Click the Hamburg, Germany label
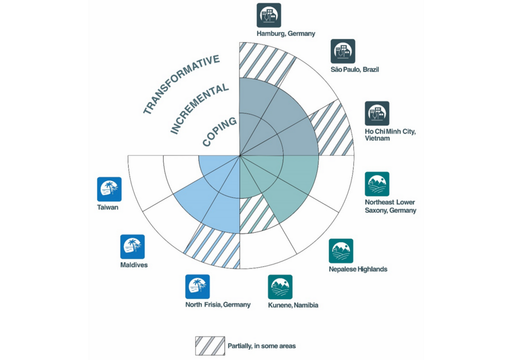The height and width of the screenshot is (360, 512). click(x=285, y=34)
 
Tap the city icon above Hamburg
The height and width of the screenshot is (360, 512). click(x=269, y=15)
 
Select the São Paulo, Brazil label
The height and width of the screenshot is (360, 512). click(x=354, y=69)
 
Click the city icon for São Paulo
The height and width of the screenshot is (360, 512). click(x=342, y=51)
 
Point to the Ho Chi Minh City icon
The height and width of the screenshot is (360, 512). click(x=377, y=113)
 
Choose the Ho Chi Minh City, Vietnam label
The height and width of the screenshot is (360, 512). click(x=390, y=134)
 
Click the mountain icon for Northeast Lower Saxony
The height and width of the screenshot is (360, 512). click(x=377, y=184)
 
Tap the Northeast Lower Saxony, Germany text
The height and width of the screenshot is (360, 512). click(x=390, y=206)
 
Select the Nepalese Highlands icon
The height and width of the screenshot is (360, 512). click(x=341, y=251)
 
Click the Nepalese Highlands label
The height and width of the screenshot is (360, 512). click(x=358, y=269)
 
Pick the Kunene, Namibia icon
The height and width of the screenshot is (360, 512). click(x=280, y=287)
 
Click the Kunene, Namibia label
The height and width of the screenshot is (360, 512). click(x=293, y=305)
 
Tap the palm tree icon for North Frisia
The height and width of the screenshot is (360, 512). click(x=197, y=286)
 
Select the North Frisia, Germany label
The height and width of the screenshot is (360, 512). click(x=217, y=304)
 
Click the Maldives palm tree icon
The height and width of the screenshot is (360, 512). click(x=132, y=247)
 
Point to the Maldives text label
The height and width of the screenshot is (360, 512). click(x=134, y=265)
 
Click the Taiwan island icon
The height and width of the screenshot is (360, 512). click(x=109, y=189)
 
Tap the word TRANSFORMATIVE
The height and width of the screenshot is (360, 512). click(x=181, y=84)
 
